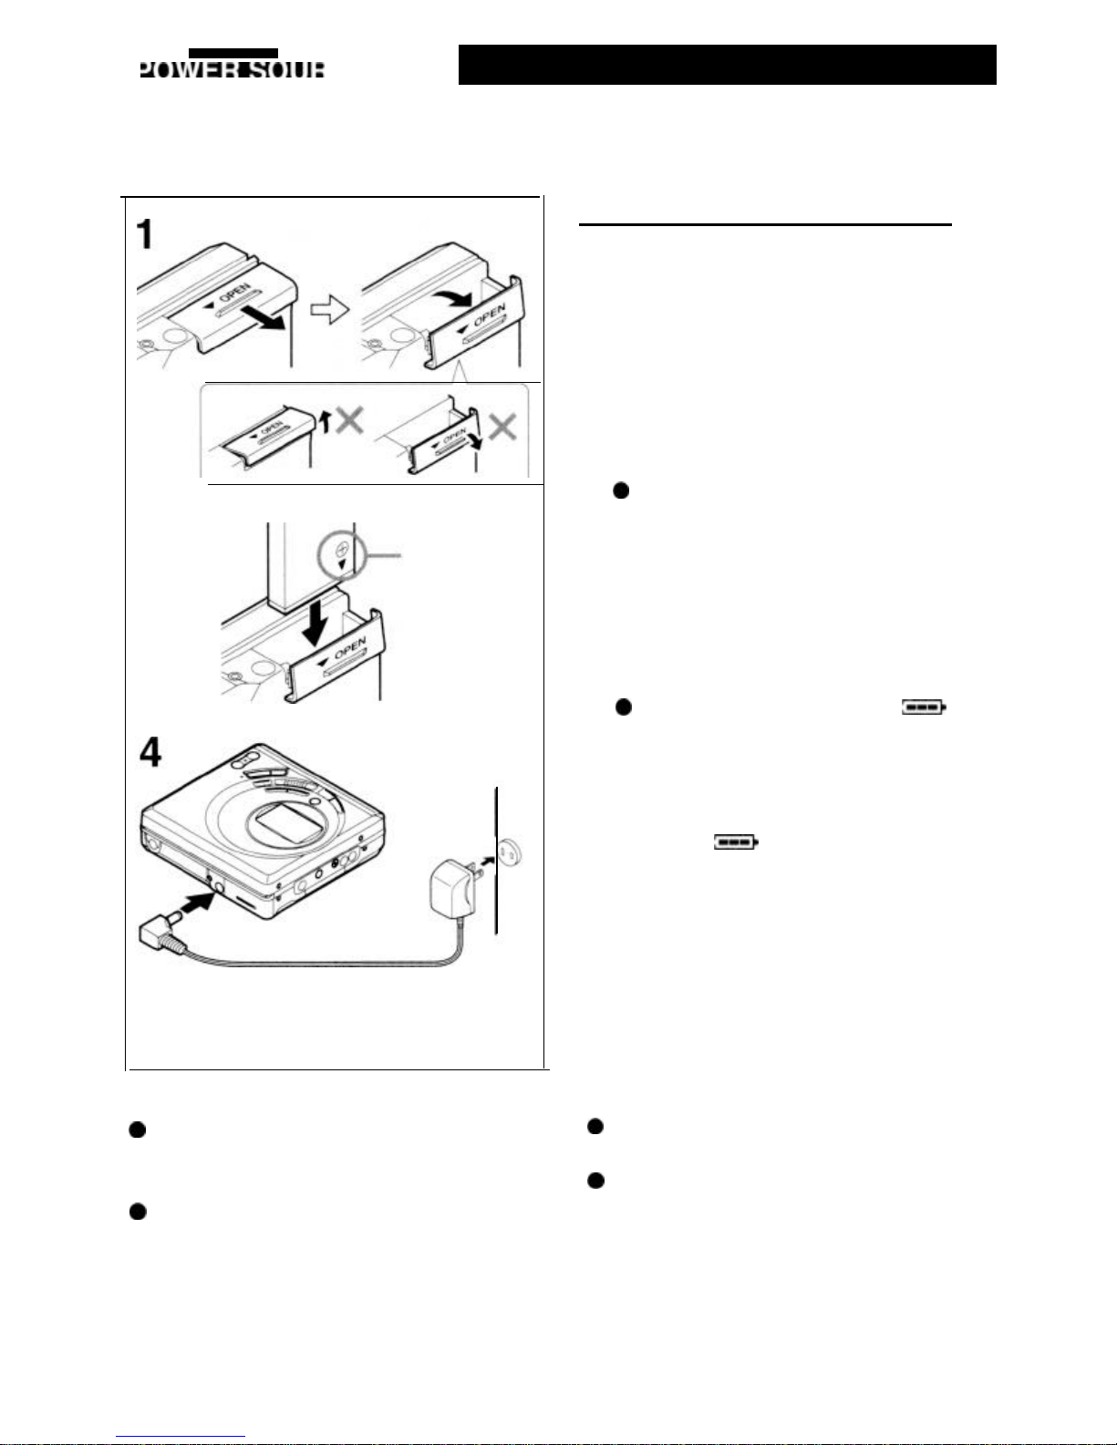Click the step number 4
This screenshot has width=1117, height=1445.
[x=150, y=752]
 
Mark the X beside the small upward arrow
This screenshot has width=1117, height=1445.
[x=350, y=420]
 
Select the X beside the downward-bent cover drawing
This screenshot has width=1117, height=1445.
[x=502, y=427]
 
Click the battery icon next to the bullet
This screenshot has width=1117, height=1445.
[x=924, y=707]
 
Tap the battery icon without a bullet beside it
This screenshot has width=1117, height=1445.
[x=735, y=841]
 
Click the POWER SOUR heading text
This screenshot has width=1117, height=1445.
[x=232, y=68]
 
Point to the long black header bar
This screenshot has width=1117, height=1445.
[x=727, y=65]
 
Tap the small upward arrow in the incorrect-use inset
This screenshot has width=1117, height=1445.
[x=325, y=421]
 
